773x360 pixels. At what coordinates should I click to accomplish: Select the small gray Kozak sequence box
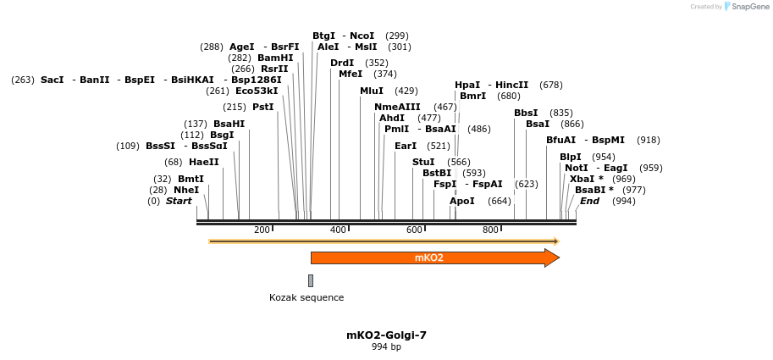[x=311, y=280]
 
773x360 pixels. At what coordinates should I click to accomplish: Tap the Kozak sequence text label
[x=306, y=297]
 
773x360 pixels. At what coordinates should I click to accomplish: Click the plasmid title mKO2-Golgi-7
[x=386, y=335]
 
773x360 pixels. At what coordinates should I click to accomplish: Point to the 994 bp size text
[x=386, y=347]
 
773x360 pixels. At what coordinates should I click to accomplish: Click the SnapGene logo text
[x=751, y=7]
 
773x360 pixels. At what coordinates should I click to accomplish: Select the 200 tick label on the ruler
[x=262, y=230]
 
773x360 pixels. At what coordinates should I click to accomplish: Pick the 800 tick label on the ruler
[x=490, y=230]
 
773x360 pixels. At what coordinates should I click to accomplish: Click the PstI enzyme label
[x=263, y=107]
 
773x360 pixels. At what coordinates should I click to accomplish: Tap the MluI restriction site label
[x=372, y=91]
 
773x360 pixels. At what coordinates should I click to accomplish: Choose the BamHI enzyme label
[x=275, y=58]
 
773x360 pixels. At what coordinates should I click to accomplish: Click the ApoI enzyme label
[x=462, y=201]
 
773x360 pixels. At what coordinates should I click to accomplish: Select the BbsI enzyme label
[x=526, y=113]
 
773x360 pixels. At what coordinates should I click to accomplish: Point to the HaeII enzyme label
[x=204, y=162]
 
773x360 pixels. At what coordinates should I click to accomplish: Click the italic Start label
[x=179, y=201]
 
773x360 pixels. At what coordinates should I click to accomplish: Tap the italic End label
[x=589, y=201]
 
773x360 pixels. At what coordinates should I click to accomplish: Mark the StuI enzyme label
[x=423, y=162]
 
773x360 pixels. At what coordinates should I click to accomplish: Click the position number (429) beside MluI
[x=406, y=91]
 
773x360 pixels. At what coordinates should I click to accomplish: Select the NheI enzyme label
[x=186, y=190]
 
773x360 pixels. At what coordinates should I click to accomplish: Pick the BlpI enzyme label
[x=571, y=157]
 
